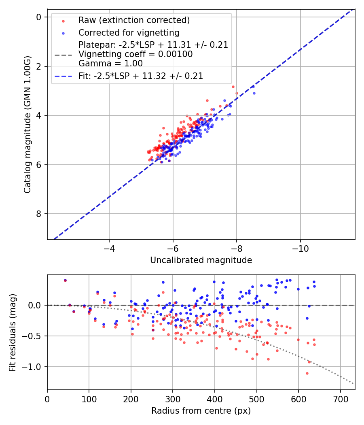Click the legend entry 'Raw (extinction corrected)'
click(x=134, y=20)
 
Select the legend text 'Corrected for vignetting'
click(x=129, y=32)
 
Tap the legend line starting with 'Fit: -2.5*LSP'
click(x=141, y=76)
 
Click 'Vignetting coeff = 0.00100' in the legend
click(x=135, y=54)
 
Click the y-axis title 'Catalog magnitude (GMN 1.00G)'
click(x=27, y=124)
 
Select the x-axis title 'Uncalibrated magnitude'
click(x=201, y=260)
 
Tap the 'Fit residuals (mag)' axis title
click(x=13, y=332)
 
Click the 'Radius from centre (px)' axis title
click(x=201, y=411)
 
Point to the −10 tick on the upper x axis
click(x=300, y=247)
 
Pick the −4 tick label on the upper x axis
click(x=109, y=247)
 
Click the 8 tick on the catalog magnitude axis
click(x=39, y=214)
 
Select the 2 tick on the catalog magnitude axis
click(x=39, y=66)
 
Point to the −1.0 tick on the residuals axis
click(x=33, y=367)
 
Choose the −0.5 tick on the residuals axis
click(x=33, y=336)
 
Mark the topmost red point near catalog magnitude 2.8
click(x=233, y=87)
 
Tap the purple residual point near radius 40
click(x=65, y=280)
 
